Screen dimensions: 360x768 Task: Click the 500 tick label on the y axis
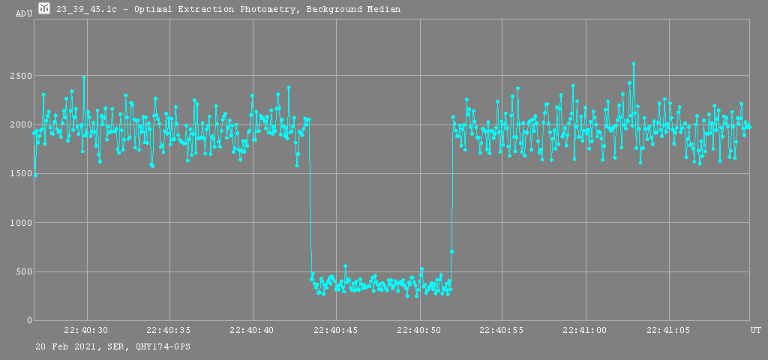pos(23,271)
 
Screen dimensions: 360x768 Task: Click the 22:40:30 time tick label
pos(86,330)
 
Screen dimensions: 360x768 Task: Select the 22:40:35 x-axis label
pos(169,330)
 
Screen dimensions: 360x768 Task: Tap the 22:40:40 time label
pos(253,330)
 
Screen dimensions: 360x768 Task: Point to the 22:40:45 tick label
pos(336,330)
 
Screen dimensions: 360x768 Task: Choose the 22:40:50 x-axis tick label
pos(419,330)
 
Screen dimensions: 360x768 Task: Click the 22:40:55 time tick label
pos(502,330)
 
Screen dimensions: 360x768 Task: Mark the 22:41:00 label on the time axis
pos(586,330)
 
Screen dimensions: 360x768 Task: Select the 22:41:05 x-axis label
pos(669,330)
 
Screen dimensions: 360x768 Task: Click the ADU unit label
pos(24,13)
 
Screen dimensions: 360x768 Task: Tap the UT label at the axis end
pos(755,330)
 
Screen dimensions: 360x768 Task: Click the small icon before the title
pos(44,8)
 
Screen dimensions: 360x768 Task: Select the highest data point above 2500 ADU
pos(634,64)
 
